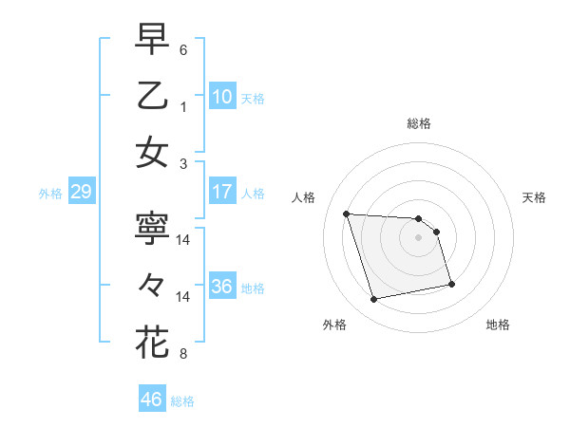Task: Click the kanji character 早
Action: pyautogui.click(x=152, y=39)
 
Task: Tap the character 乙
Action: pyautogui.click(x=152, y=95)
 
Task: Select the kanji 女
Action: pyautogui.click(x=152, y=152)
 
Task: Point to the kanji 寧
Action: pyautogui.click(x=152, y=229)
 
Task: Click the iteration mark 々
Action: pyautogui.click(x=152, y=285)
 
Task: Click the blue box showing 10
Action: pyautogui.click(x=222, y=96)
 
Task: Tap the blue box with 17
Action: pyautogui.click(x=222, y=192)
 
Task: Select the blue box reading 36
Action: pyautogui.click(x=222, y=287)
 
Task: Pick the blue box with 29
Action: pyautogui.click(x=81, y=192)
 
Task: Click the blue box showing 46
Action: pyautogui.click(x=152, y=400)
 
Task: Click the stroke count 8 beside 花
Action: pyautogui.click(x=183, y=354)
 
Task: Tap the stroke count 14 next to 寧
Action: pyautogui.click(x=184, y=241)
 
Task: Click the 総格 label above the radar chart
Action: pyautogui.click(x=418, y=123)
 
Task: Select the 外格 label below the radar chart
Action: pyautogui.click(x=334, y=325)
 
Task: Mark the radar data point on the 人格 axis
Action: pyautogui.click(x=347, y=214)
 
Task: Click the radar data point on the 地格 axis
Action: pyautogui.click(x=451, y=284)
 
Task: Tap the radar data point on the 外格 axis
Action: pyautogui.click(x=374, y=300)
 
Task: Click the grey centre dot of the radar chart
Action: pyautogui.click(x=418, y=237)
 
